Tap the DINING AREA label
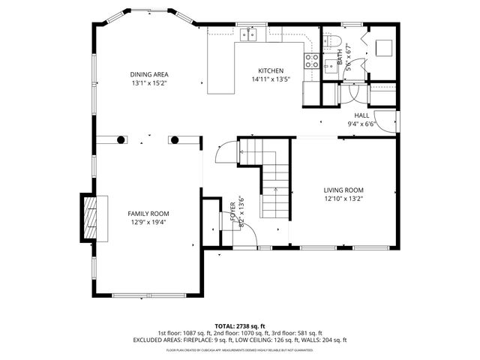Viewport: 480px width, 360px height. pyautogui.click(x=148, y=74)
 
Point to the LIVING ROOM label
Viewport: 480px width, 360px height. pyautogui.click(x=343, y=190)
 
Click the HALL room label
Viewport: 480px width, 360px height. pyautogui.click(x=361, y=115)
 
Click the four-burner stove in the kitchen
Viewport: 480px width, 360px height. pyautogui.click(x=310, y=61)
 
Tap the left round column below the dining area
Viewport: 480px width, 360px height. pyautogui.click(x=120, y=139)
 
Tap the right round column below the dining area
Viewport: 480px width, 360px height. pyautogui.click(x=175, y=139)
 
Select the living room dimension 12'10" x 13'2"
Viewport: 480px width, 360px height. pyautogui.click(x=343, y=199)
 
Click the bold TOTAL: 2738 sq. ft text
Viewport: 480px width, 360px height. pyautogui.click(x=239, y=325)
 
